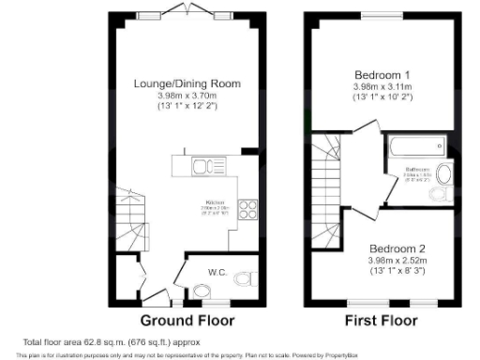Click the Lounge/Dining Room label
pos(187,83)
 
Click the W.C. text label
pos(217,272)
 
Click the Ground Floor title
pos(187,320)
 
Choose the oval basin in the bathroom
pos(444,174)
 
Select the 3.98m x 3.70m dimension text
pos(187,96)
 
